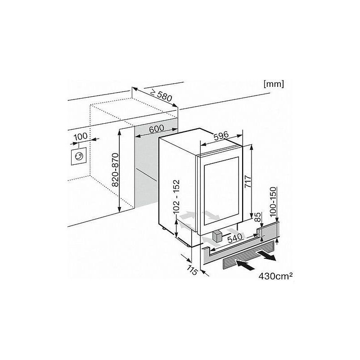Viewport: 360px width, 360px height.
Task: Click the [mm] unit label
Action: [274, 84]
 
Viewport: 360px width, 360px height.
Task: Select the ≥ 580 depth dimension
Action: [161, 95]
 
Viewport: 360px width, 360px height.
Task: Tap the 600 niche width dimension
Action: [156, 129]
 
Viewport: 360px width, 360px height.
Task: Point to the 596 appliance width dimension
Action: [221, 136]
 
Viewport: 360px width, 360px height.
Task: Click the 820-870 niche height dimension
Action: [115, 170]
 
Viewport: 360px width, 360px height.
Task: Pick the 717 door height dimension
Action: [248, 182]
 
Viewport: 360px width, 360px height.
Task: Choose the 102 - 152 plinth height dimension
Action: [177, 197]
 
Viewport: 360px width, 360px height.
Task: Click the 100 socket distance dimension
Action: [81, 137]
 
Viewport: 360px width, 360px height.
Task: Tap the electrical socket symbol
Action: [78, 156]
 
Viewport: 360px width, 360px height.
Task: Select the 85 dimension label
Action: [258, 217]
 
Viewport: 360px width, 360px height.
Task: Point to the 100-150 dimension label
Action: [273, 202]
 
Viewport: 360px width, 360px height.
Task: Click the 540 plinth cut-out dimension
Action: [235, 238]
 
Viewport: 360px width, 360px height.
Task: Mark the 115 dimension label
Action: [192, 270]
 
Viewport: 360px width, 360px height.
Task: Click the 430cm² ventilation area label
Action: [275, 276]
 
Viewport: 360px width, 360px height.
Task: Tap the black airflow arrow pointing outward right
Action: [266, 256]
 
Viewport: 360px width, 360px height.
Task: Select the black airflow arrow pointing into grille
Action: [245, 265]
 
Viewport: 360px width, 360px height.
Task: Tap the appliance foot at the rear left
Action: [163, 228]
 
